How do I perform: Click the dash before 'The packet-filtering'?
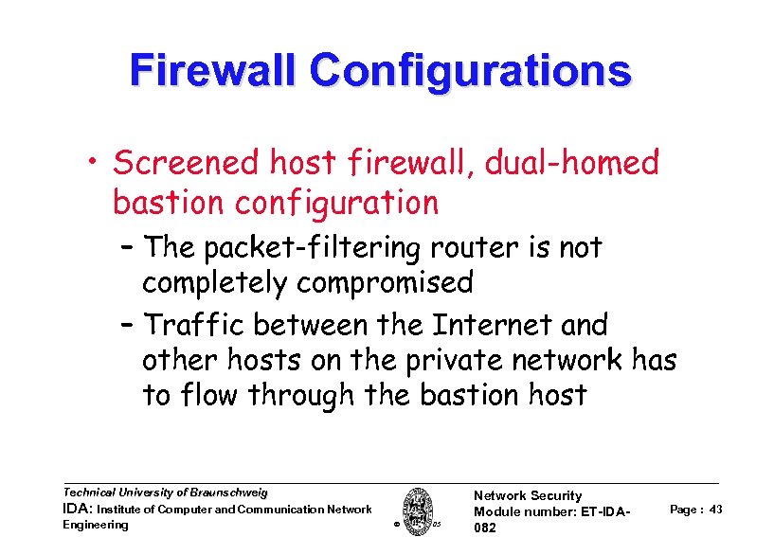pos(128,248)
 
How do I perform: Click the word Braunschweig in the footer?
pos(227,492)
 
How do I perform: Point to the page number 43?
pos(715,510)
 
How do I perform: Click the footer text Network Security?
pos(527,495)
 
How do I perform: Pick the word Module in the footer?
pos(494,511)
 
